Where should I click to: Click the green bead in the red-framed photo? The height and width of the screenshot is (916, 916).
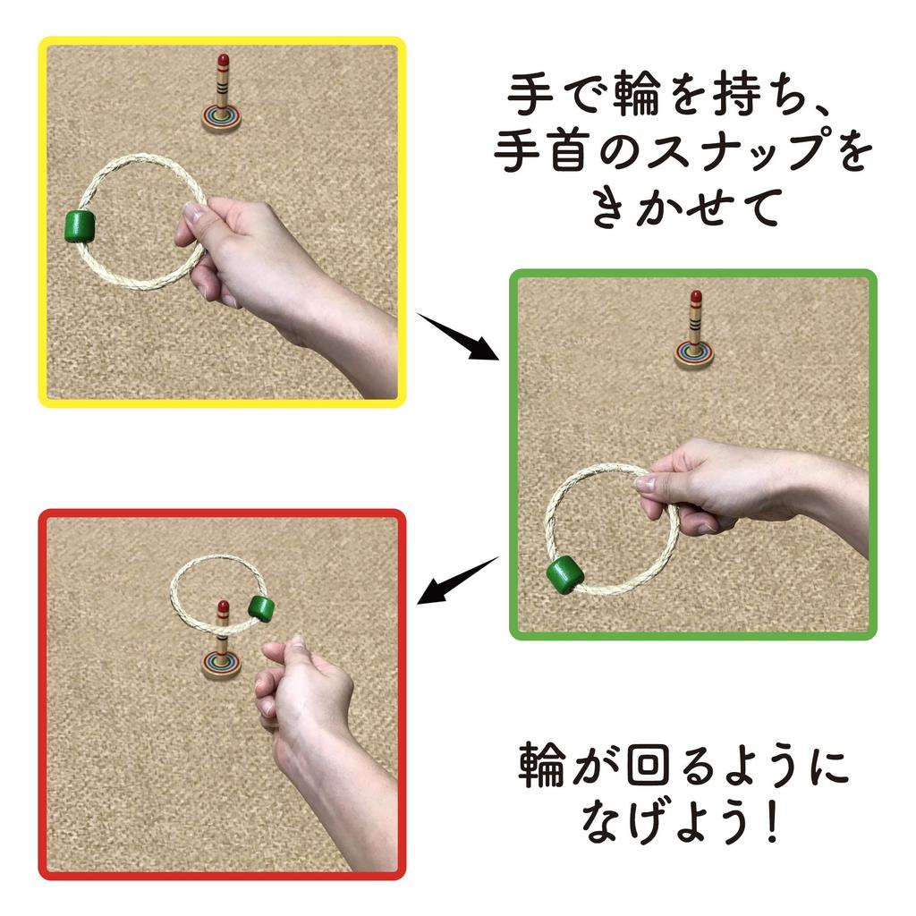pyautogui.click(x=262, y=608)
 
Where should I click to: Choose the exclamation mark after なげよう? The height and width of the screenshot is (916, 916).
pyautogui.click(x=771, y=822)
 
